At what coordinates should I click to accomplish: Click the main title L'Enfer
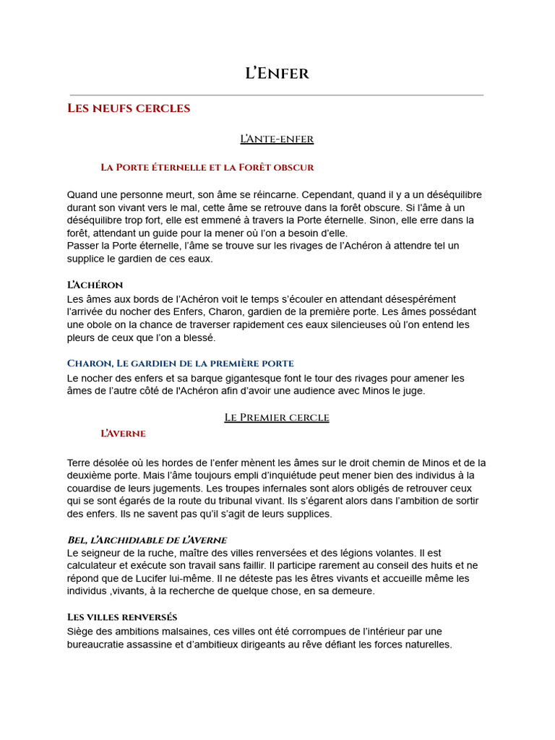point(277,73)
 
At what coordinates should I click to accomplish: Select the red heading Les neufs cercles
point(129,108)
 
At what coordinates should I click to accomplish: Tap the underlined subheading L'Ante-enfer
point(277,138)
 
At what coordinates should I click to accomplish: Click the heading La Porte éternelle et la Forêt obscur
point(207,167)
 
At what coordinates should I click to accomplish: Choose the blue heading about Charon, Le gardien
point(180,363)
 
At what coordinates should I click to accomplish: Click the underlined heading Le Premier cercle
point(277,417)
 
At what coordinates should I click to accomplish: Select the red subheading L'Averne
point(123,434)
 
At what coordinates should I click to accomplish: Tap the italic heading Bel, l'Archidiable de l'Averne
point(147,540)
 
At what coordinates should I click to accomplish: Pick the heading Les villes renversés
point(122,617)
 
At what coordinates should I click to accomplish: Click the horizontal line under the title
point(277,95)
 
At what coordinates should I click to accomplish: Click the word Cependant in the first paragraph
point(329,194)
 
